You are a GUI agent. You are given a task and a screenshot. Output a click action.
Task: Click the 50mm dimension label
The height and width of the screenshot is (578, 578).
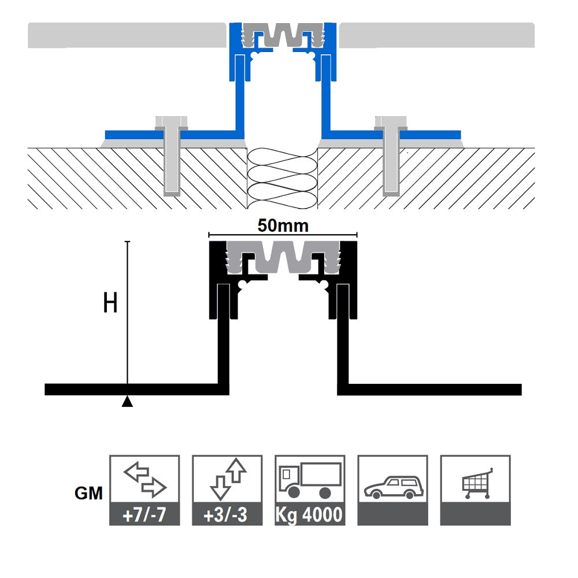[283, 225]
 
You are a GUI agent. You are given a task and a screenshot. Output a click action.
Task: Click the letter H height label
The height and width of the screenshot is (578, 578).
[110, 303]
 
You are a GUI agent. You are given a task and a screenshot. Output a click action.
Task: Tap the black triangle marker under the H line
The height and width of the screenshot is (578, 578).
[127, 402]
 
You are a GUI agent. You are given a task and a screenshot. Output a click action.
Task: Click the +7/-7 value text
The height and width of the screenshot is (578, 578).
[144, 515]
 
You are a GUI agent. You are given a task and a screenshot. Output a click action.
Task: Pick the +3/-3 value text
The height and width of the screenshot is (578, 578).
[227, 515]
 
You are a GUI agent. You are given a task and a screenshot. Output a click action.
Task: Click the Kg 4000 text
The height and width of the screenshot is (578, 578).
[310, 515]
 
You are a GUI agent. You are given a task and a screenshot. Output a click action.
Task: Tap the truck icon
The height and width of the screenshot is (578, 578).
[310, 480]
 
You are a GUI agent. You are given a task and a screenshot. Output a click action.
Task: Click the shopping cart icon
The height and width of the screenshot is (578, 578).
[476, 483]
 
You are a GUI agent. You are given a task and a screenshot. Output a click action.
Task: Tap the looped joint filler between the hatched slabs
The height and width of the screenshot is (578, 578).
[283, 176]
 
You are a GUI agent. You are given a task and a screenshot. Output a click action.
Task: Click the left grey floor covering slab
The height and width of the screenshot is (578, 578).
[127, 35]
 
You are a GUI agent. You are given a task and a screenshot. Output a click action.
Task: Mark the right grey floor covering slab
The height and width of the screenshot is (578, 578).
[436, 35]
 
